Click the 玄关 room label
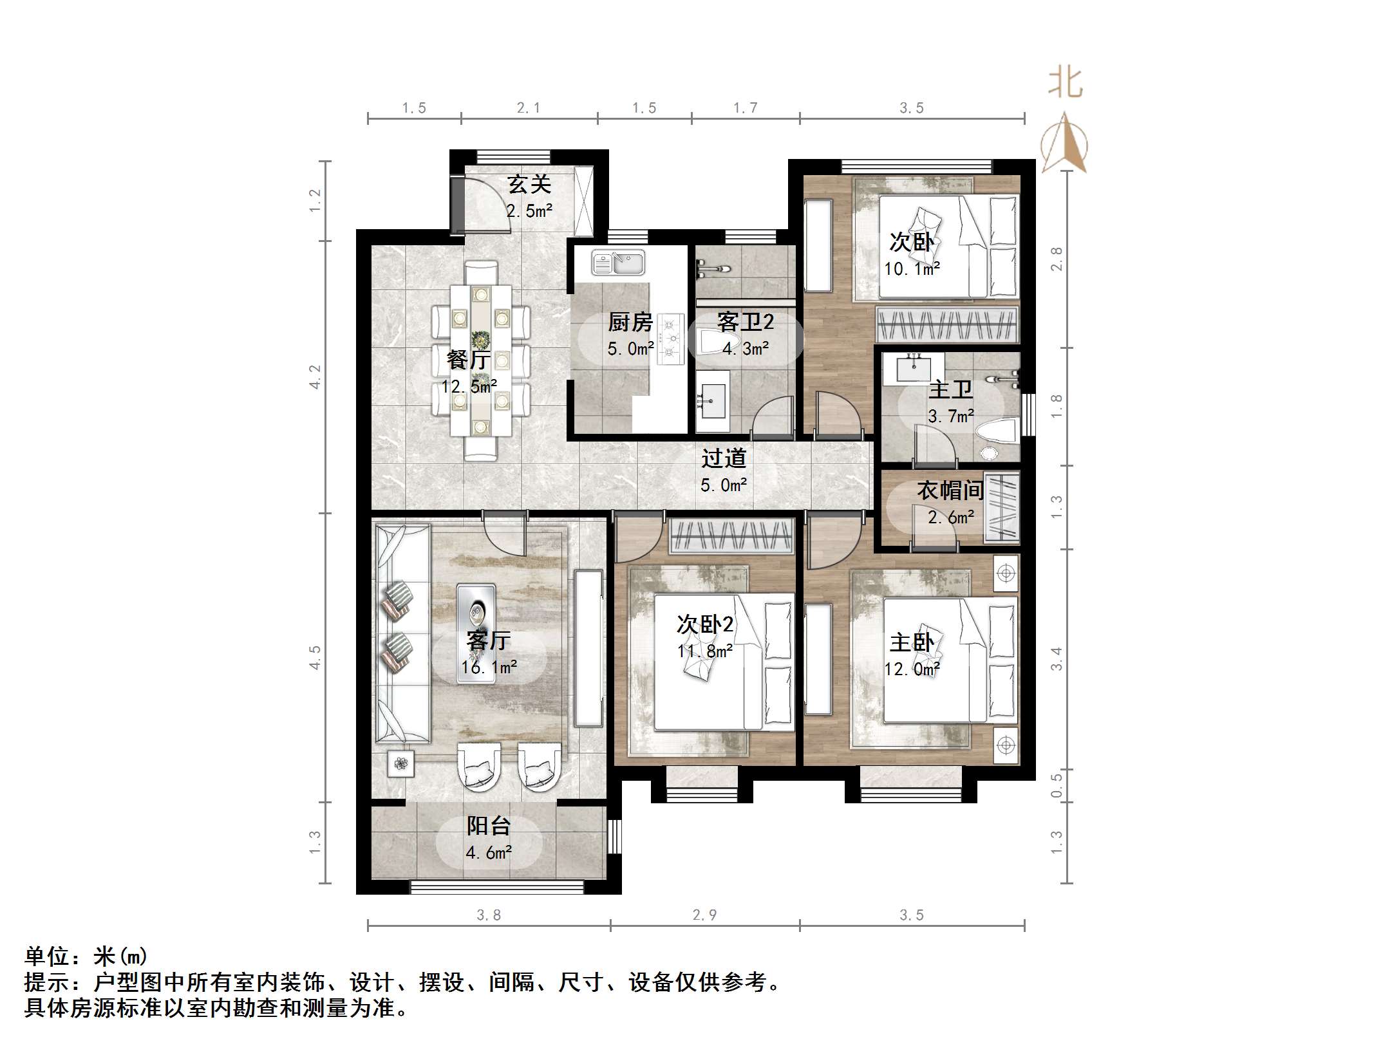click(529, 185)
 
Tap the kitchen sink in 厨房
click(618, 263)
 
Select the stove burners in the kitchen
click(672, 339)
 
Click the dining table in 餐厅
click(480, 360)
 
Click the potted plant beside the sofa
click(401, 764)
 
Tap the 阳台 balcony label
click(489, 826)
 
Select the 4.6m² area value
click(489, 853)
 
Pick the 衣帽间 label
click(950, 491)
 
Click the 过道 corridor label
click(724, 458)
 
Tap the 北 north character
click(1066, 84)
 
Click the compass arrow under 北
click(1065, 145)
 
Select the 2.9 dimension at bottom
click(704, 915)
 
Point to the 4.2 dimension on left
click(315, 377)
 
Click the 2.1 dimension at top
click(529, 108)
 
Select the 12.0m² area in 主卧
click(912, 669)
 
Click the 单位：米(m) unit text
click(86, 956)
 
